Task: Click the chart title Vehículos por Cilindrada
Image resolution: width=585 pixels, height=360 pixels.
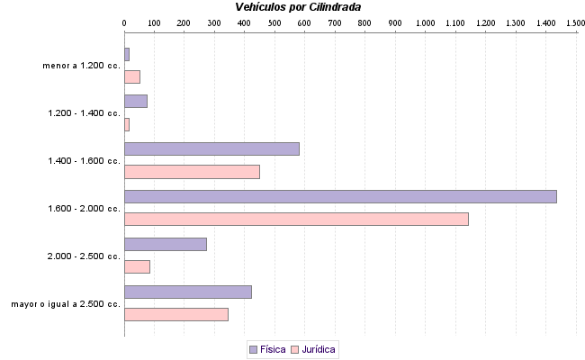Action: (x=298, y=7)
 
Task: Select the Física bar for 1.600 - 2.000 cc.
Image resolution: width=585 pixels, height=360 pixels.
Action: (x=340, y=196)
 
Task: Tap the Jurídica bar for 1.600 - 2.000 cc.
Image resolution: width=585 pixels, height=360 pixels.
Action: (x=296, y=219)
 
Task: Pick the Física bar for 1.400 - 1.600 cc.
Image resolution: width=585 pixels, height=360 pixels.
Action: (x=211, y=148)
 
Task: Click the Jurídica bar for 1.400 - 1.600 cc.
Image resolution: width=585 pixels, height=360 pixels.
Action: (x=192, y=172)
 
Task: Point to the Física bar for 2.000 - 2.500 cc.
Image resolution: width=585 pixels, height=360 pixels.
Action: (x=166, y=244)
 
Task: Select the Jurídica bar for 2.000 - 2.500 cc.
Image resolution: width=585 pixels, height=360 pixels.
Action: (x=137, y=266)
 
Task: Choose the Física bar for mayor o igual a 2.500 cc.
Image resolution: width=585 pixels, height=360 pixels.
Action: (x=188, y=292)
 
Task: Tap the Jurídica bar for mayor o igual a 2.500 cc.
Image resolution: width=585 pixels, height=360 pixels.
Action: (x=176, y=314)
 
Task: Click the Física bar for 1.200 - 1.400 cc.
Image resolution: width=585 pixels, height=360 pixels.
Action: (x=136, y=101)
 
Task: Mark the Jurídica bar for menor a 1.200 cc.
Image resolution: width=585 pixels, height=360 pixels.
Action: (x=132, y=76)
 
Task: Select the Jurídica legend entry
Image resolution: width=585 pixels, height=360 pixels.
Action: (x=313, y=349)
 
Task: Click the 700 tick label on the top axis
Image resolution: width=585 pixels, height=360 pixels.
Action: (x=335, y=22)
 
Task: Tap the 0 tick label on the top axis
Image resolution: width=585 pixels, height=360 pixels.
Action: (x=124, y=22)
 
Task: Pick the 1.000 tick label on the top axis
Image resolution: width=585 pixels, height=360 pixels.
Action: (x=425, y=22)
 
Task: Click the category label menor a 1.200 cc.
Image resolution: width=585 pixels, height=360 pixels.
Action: (x=81, y=66)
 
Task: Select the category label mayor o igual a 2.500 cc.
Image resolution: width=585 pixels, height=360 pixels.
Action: (x=66, y=304)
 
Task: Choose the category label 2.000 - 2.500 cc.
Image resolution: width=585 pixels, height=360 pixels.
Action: (x=84, y=256)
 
